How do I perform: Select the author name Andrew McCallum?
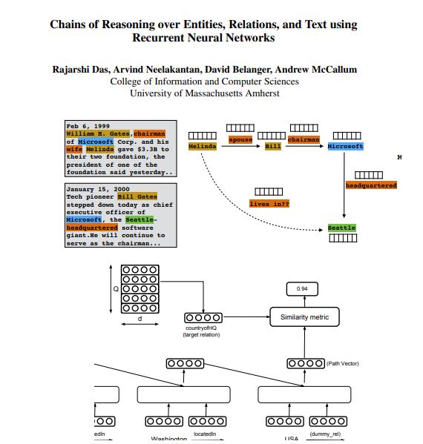click(x=320, y=70)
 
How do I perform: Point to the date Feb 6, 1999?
click(x=88, y=127)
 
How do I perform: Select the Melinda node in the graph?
click(x=202, y=147)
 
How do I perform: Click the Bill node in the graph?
click(x=272, y=147)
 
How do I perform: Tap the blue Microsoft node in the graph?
click(x=345, y=147)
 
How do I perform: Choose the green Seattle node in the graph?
click(x=341, y=228)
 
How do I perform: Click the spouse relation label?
click(x=240, y=139)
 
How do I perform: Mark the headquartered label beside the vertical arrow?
click(x=371, y=185)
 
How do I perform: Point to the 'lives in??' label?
click(x=269, y=203)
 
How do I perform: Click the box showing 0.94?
click(x=302, y=288)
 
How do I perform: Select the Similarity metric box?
click(x=304, y=318)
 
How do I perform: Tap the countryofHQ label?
click(x=201, y=328)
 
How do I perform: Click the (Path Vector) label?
click(x=343, y=363)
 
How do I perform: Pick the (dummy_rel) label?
click(x=325, y=433)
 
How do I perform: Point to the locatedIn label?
click(x=204, y=433)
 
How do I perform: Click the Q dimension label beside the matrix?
click(x=115, y=289)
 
